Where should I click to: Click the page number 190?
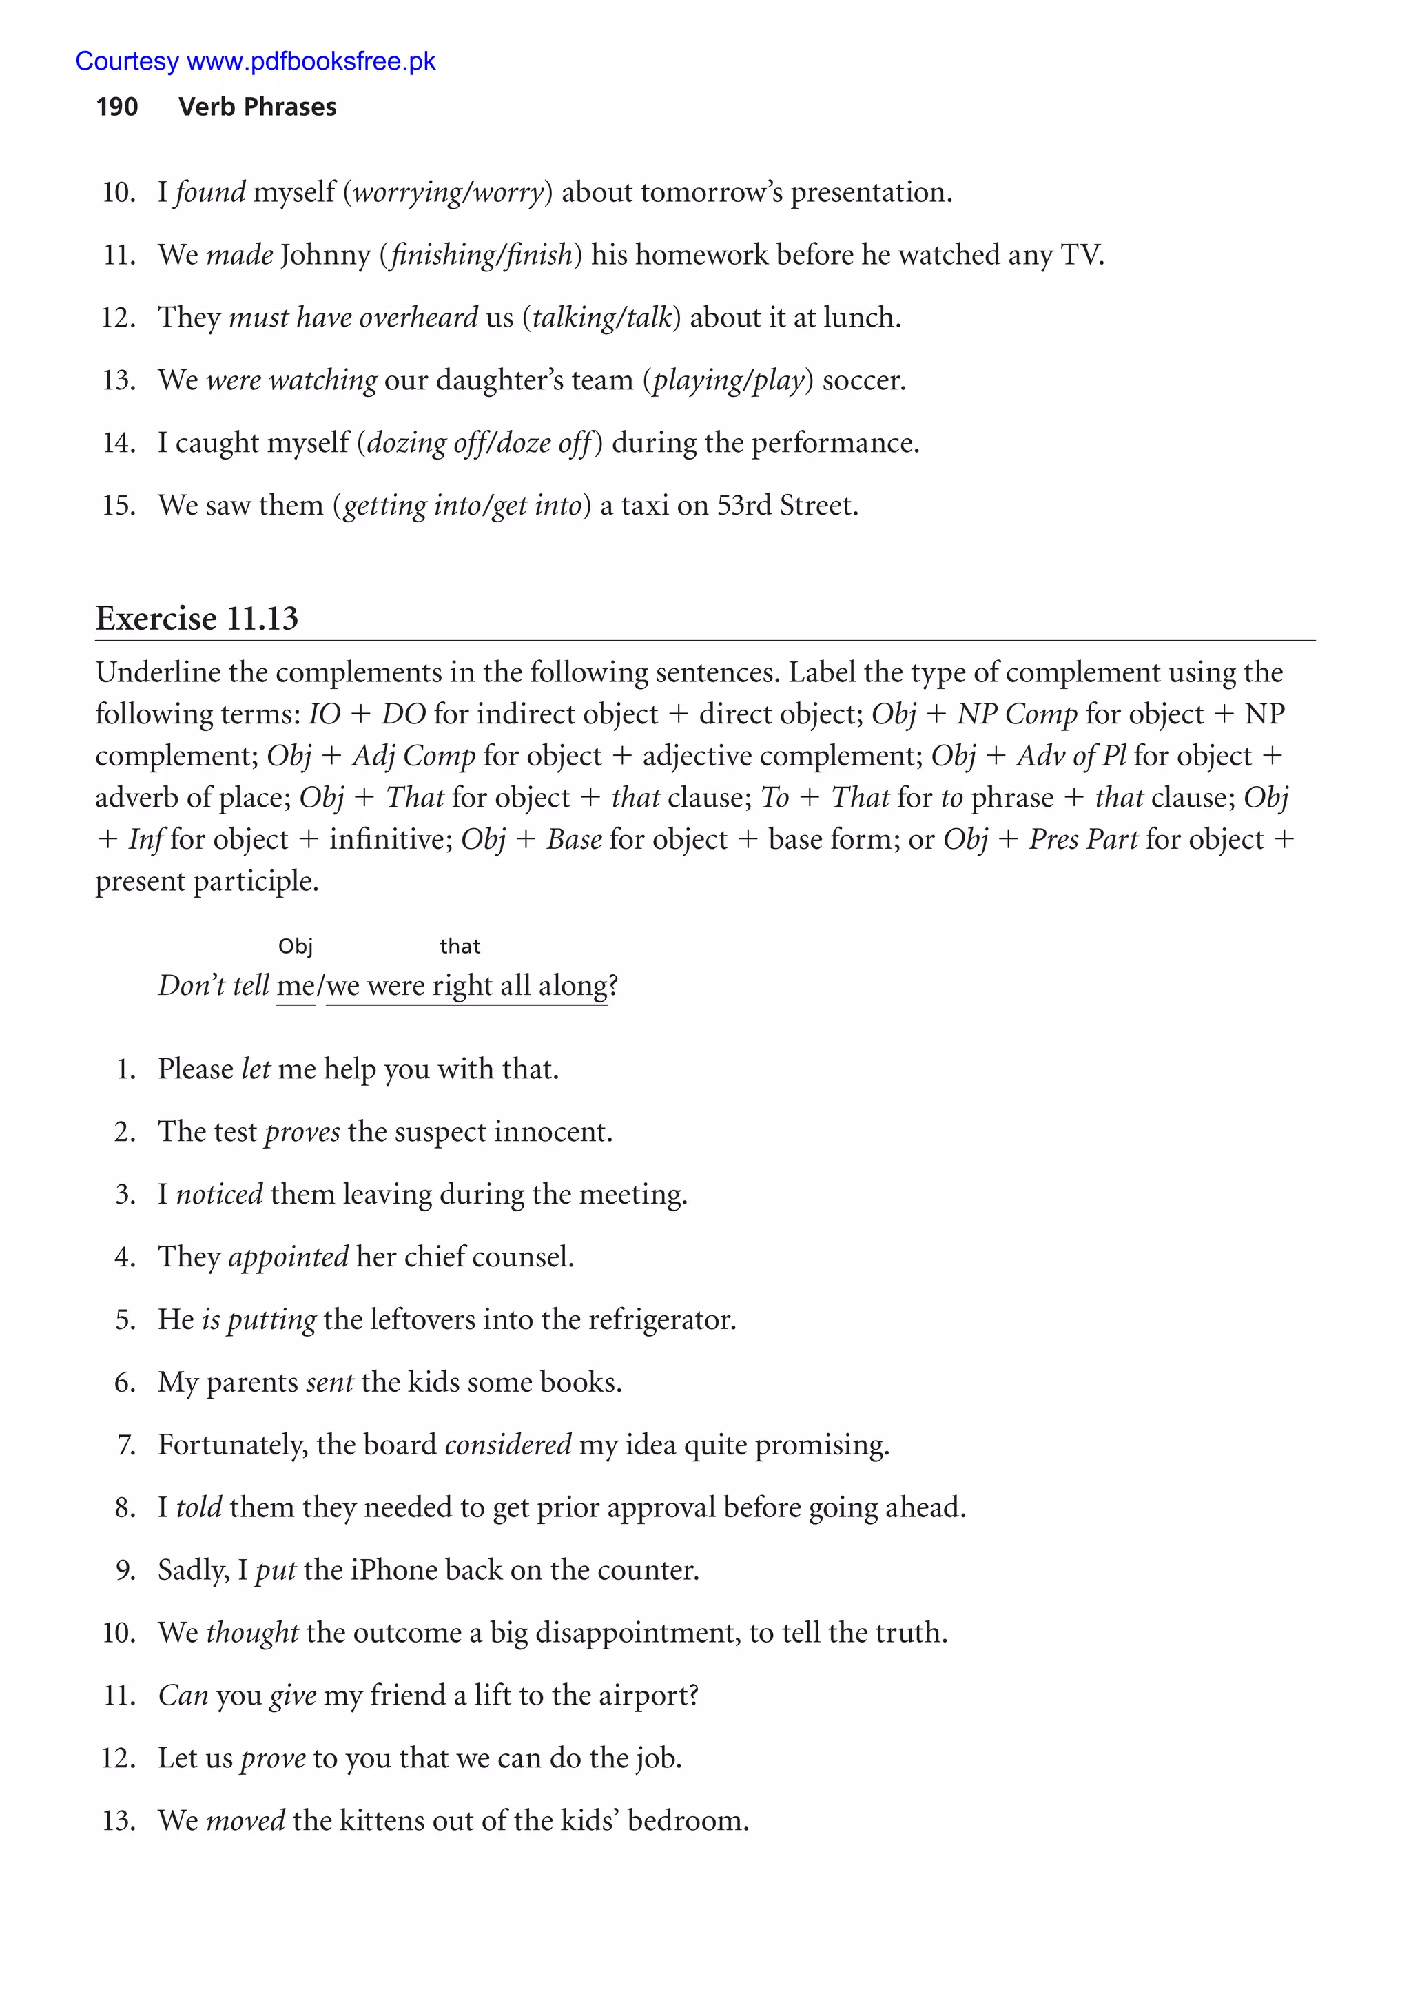[116, 107]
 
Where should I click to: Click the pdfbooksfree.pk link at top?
[256, 61]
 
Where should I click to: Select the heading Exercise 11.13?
[197, 618]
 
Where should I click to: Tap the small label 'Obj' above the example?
[296, 946]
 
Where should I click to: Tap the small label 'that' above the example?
[460, 946]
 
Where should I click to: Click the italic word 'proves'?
[302, 1132]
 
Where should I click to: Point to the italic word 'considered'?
[508, 1445]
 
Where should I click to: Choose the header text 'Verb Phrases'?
[257, 107]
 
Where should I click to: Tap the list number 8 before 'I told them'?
[125, 1508]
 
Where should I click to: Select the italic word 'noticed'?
[219, 1194]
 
